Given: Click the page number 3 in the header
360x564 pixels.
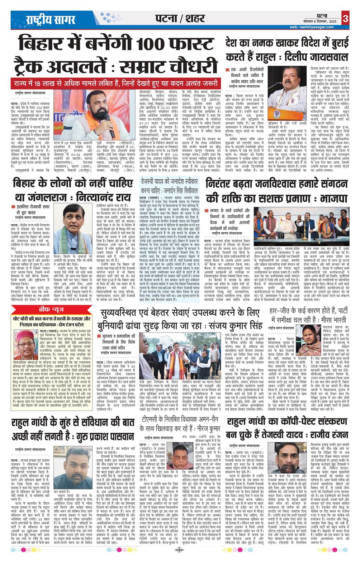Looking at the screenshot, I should click(x=345, y=18).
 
